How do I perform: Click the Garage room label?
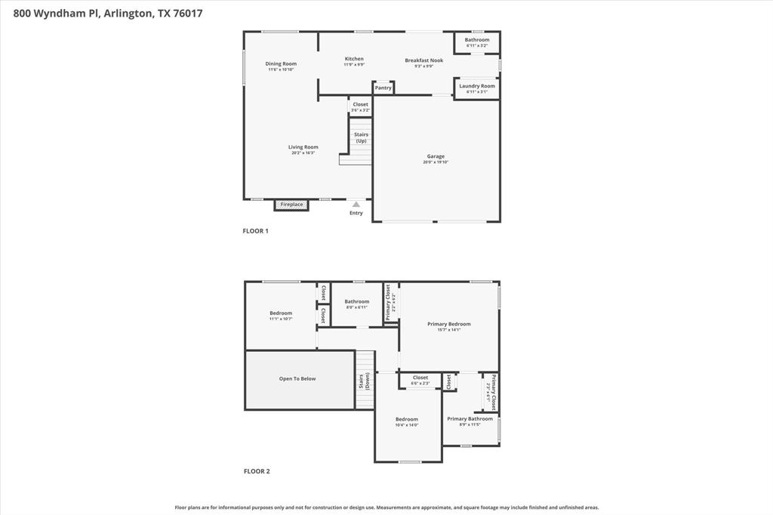[x=436, y=156]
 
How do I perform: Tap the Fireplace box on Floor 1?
[x=291, y=205]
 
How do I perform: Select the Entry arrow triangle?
[x=356, y=204]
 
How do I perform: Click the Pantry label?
[x=383, y=88]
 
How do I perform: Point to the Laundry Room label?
[x=477, y=86]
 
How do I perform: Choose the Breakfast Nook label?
[x=423, y=60]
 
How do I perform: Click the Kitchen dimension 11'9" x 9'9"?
[x=354, y=65]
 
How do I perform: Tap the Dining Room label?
[x=280, y=63]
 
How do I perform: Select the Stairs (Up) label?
[x=361, y=137]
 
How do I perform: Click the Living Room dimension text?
[x=303, y=153]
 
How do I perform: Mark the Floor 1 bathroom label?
[x=476, y=39]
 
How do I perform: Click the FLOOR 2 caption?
[x=256, y=471]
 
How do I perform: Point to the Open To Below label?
[x=297, y=379]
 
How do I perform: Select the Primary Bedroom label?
[x=448, y=324]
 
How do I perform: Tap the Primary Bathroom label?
[x=470, y=418]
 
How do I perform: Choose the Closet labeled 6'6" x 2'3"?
[x=420, y=378]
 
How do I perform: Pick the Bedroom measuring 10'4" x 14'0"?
[x=406, y=419]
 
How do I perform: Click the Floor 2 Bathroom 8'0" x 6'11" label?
[x=356, y=301]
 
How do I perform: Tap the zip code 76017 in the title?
[x=187, y=13]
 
